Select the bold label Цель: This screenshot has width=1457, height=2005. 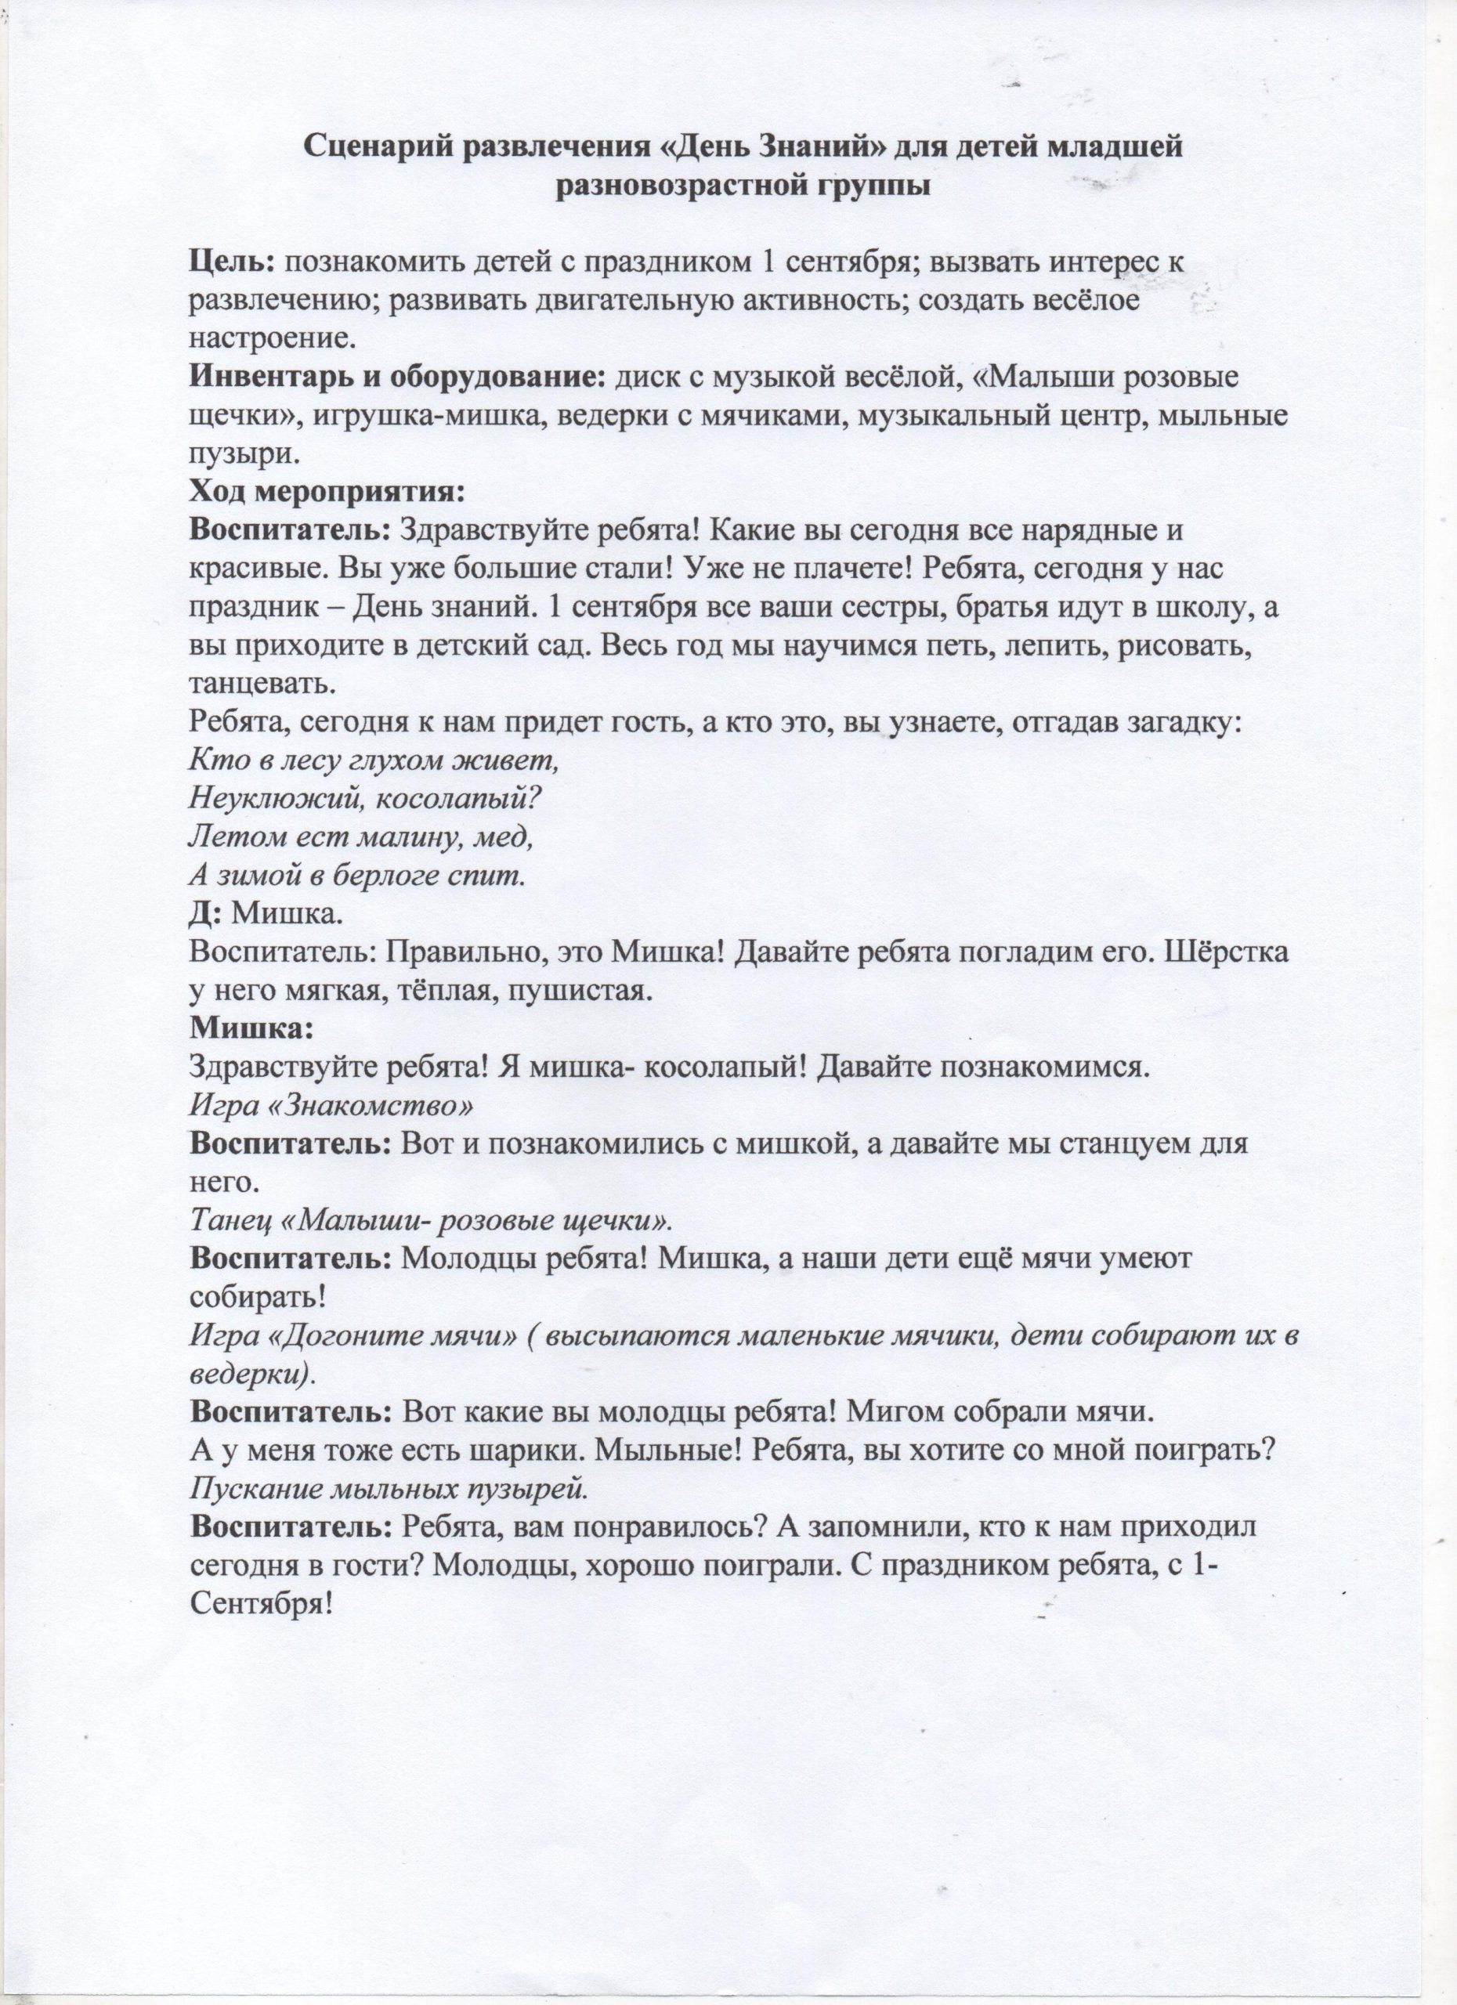click(x=233, y=262)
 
